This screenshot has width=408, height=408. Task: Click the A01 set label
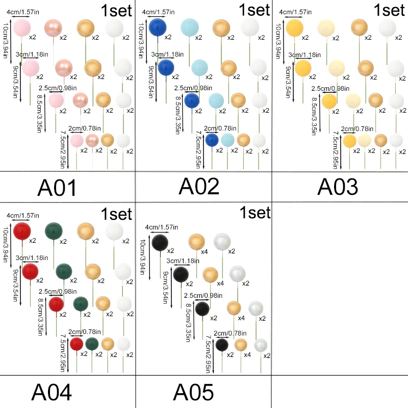(57, 188)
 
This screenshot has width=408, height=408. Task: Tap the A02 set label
(199, 187)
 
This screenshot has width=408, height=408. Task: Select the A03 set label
(338, 187)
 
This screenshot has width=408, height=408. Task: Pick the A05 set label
(193, 392)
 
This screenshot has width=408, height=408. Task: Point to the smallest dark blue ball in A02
(212, 140)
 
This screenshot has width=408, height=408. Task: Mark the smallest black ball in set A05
(222, 345)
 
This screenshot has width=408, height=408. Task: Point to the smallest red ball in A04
(76, 344)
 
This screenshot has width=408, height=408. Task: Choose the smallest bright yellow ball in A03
(349, 140)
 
